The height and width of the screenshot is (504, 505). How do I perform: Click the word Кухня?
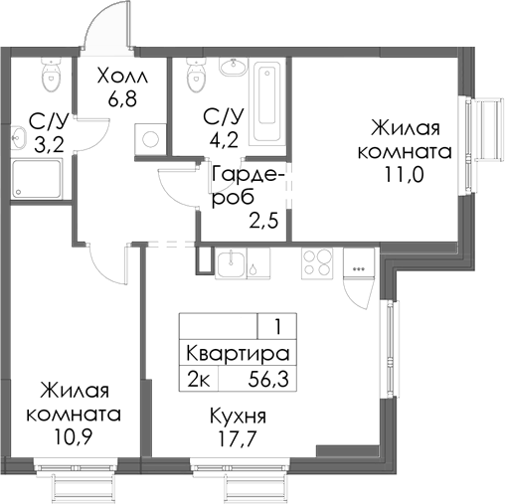(x=239, y=417)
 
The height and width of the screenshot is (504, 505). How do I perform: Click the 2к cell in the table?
(x=197, y=378)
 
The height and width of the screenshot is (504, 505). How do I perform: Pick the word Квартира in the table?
(x=238, y=354)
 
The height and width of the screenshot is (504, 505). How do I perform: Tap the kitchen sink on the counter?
(x=230, y=263)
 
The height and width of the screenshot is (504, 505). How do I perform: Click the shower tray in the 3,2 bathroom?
(x=38, y=178)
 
